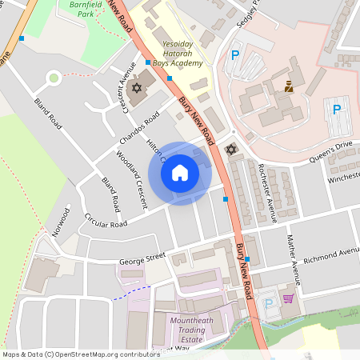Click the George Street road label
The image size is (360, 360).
pyautogui.click(x=142, y=258)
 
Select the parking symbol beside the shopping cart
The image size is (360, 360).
pyautogui.click(x=268, y=302)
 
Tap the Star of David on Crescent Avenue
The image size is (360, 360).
pyautogui.click(x=136, y=86)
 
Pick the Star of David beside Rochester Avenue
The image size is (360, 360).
pyautogui.click(x=232, y=150)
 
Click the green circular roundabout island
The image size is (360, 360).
pyautogui.click(x=54, y=78)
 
